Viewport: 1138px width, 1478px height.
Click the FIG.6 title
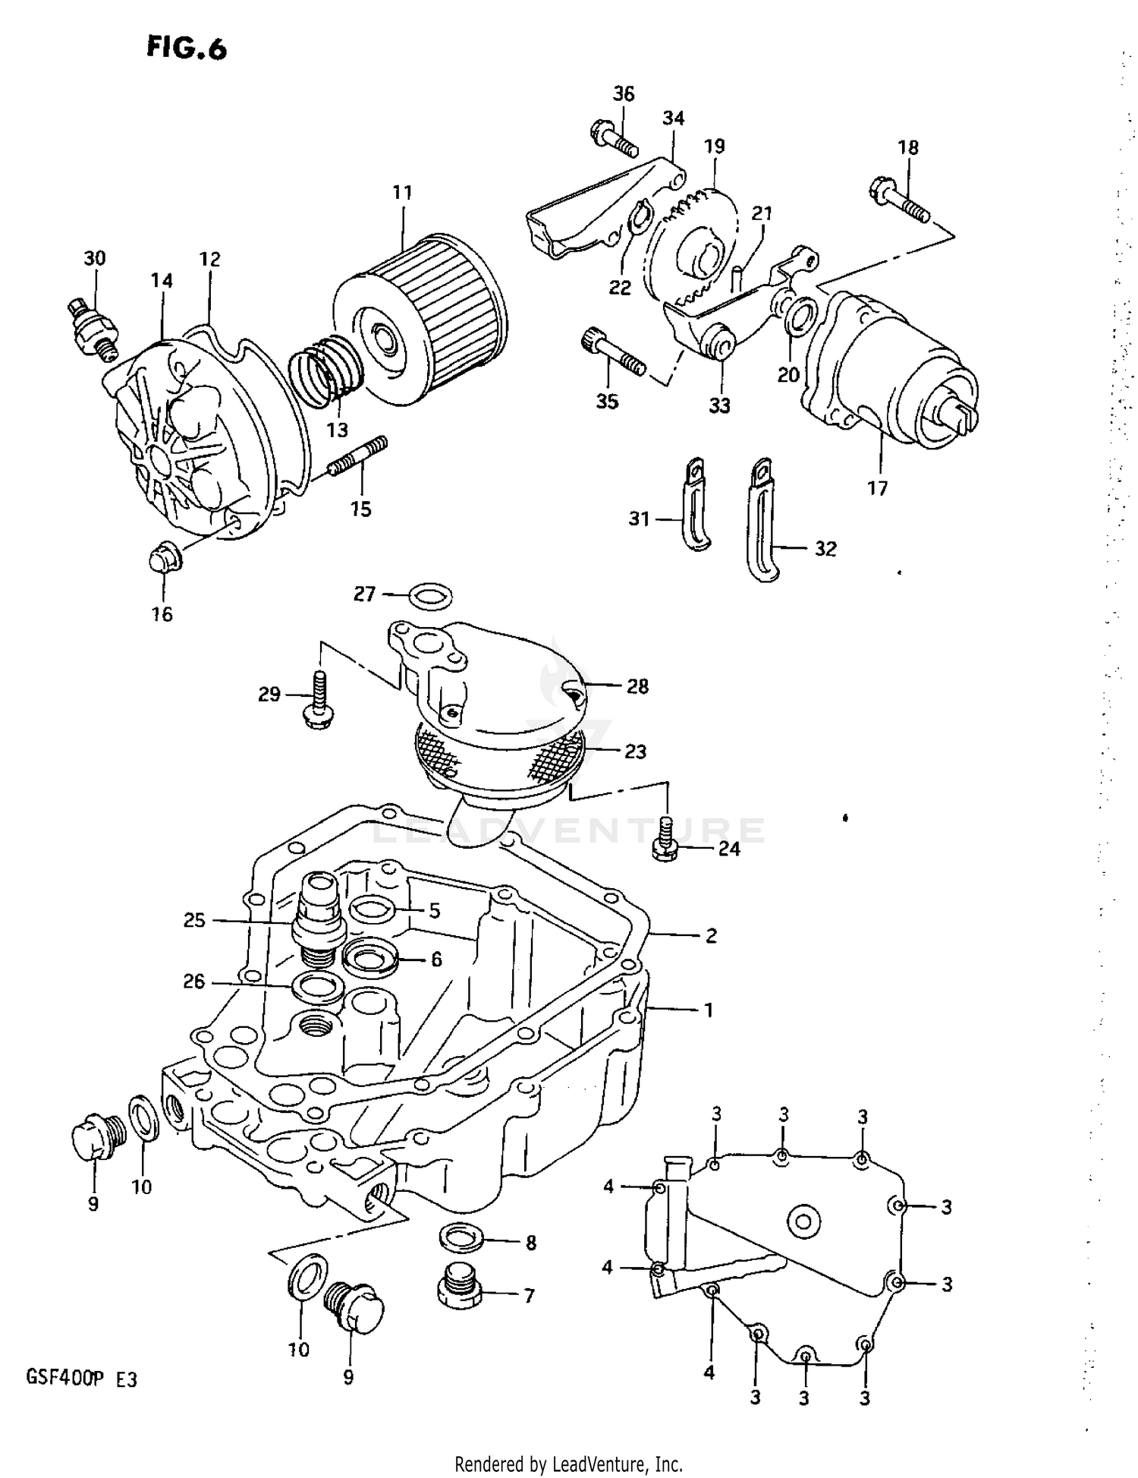click(187, 49)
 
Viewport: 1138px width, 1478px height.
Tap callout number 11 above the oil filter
click(402, 193)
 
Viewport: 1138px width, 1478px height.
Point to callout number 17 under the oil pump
click(877, 488)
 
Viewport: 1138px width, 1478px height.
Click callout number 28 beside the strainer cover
click(637, 686)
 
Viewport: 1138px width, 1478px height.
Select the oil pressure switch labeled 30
click(93, 326)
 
